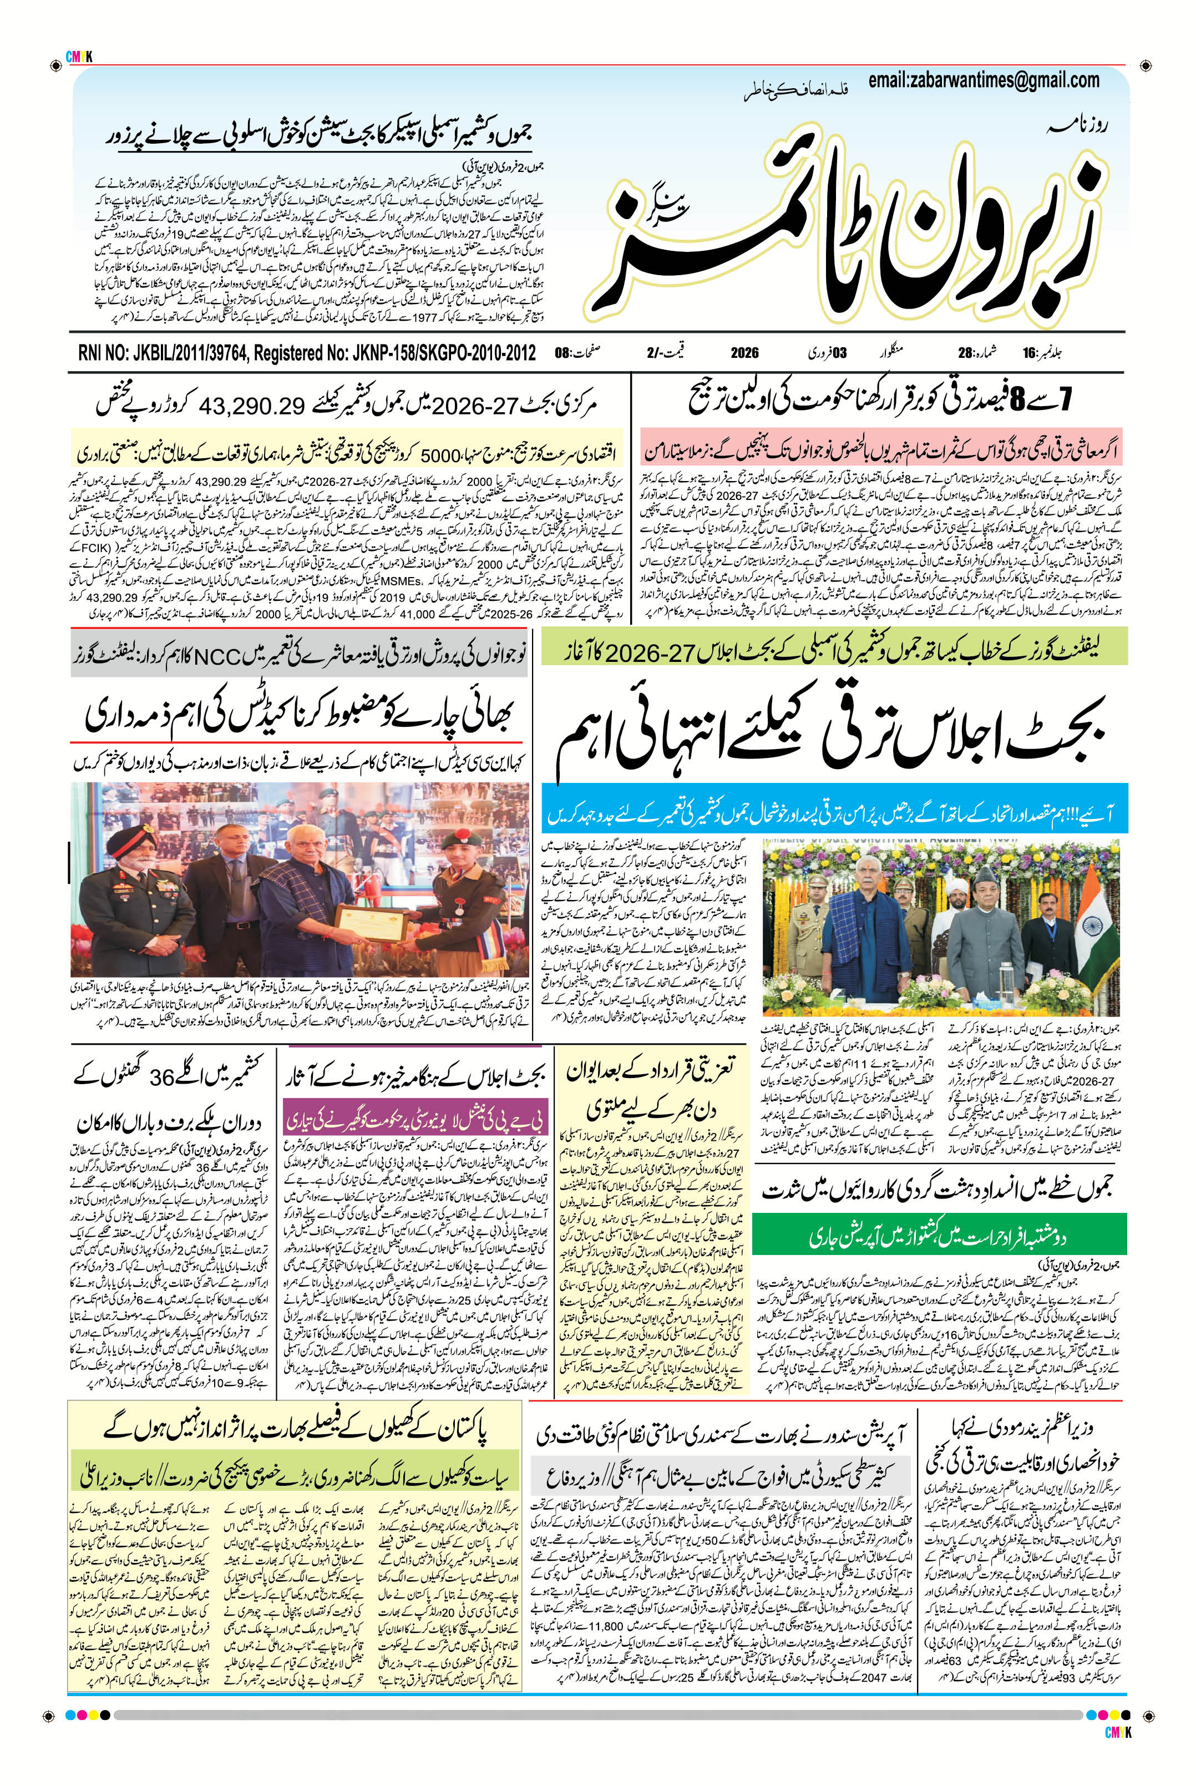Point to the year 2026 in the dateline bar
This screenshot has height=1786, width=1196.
[x=744, y=353]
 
